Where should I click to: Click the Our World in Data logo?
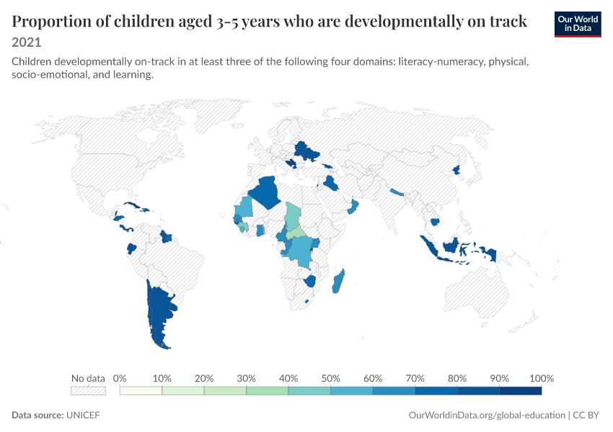tap(578, 24)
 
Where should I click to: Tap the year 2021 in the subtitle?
tap(26, 42)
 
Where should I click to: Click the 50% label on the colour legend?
tap(330, 378)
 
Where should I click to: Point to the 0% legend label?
tap(120, 378)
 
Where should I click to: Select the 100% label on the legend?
tap(542, 378)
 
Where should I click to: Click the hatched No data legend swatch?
tap(89, 391)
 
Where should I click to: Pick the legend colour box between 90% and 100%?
tap(521, 391)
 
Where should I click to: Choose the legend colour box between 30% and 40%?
tap(268, 391)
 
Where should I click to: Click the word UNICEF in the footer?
tap(83, 415)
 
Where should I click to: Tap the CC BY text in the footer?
tap(586, 415)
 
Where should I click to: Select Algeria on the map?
tap(266, 192)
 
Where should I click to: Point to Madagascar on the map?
tap(338, 282)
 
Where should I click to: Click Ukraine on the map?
tap(306, 150)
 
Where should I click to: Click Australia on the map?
tap(476, 292)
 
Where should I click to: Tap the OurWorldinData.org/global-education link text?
tap(487, 415)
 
